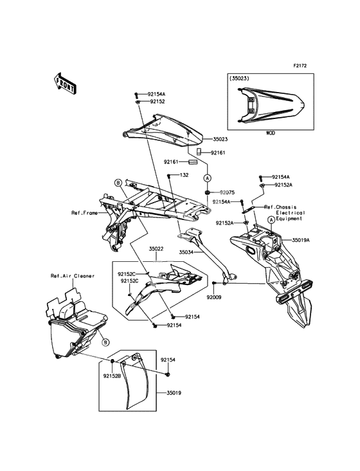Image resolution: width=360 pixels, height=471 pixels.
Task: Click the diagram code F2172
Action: pos(300,66)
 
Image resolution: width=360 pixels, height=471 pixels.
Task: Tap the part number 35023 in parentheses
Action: pos(239,78)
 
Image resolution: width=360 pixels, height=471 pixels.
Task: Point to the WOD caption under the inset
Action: pos(270,133)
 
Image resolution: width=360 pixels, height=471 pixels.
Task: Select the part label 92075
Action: pos(227,192)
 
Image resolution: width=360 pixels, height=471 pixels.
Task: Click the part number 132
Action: pos(184,175)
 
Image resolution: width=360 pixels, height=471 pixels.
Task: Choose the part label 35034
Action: pos(186,252)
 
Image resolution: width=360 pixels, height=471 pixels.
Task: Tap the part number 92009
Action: pos(214,297)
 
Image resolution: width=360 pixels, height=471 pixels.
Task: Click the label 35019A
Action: pos(301,240)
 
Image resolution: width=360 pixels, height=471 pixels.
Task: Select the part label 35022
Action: pos(156,249)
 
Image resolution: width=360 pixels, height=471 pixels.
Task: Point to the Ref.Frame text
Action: pos(84,213)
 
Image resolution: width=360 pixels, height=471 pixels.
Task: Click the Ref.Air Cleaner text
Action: pos(73,276)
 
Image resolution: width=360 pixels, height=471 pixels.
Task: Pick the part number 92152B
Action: pos(112,376)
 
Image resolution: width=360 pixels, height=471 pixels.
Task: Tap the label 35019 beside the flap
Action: pos(174,393)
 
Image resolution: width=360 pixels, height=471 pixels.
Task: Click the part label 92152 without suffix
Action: pos(157,102)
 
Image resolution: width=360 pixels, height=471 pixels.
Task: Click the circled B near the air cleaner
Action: pos(105,342)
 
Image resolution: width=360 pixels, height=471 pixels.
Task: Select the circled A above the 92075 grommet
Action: pos(207,178)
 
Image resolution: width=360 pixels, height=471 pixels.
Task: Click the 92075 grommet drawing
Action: pos(207,192)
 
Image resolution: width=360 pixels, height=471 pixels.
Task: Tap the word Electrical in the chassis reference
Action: pos(291,213)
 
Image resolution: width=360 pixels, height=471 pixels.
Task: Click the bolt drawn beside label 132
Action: pos(169,176)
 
